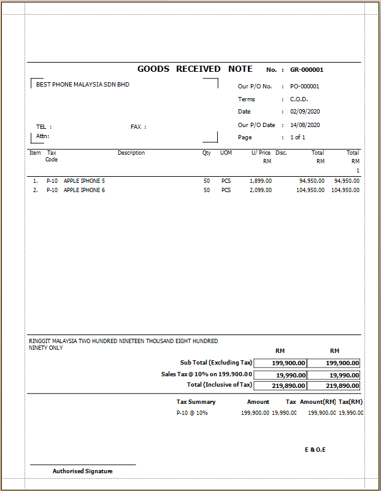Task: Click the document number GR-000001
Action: tap(307, 70)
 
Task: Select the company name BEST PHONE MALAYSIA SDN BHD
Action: tap(83, 85)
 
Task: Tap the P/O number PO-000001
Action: tap(304, 87)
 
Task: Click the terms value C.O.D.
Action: tap(299, 99)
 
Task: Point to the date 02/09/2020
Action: tap(305, 112)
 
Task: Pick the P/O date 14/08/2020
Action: tap(305, 125)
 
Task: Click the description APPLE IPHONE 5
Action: tap(84, 181)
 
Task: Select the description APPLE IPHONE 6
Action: tap(84, 190)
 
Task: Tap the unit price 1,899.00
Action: tap(261, 181)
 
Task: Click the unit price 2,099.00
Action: tap(261, 190)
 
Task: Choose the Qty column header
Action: tap(207, 153)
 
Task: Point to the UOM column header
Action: tap(226, 153)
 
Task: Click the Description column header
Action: tap(131, 153)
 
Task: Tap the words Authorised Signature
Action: tap(82, 471)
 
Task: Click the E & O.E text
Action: tap(315, 450)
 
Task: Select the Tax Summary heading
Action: tap(196, 402)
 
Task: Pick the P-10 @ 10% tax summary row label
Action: tap(192, 413)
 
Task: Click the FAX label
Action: tap(136, 127)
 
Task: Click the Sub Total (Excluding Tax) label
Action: tap(216, 363)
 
